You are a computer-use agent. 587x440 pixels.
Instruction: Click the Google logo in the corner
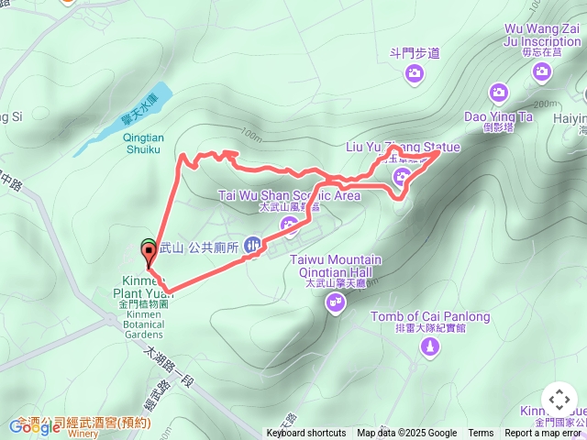(x=35, y=426)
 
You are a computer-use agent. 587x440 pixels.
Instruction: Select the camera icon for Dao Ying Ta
(x=498, y=92)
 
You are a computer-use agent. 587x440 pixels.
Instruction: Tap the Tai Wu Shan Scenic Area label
(x=289, y=195)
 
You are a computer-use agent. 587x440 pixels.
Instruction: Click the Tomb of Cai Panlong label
(x=430, y=317)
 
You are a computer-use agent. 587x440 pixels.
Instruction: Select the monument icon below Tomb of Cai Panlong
(x=430, y=348)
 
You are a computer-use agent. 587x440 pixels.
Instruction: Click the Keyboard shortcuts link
(x=306, y=434)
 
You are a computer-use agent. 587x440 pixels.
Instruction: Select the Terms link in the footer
(x=481, y=434)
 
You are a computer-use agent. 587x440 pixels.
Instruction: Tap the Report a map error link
(x=545, y=434)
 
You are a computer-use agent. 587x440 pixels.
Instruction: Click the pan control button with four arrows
(x=559, y=401)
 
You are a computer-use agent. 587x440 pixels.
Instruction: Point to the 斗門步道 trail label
(x=415, y=53)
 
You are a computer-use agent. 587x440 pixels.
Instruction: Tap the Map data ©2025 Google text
(x=406, y=434)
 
